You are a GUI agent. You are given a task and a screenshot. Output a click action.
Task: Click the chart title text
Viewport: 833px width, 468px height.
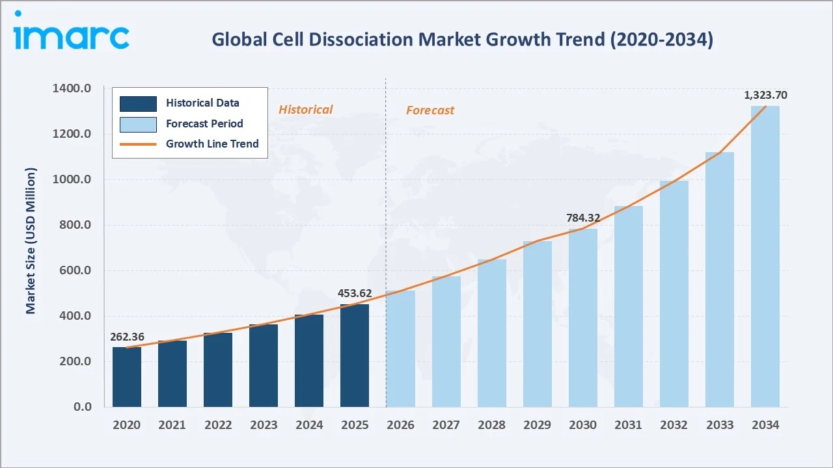coord(462,40)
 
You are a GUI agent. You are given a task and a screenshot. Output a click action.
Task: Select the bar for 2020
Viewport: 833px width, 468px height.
coord(127,377)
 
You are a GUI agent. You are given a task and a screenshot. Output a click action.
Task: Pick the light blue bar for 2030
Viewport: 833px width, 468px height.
coord(582,318)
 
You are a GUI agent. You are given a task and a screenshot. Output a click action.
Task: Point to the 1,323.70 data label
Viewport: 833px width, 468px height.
coord(765,96)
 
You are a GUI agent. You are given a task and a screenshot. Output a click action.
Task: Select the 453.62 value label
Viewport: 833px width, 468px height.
coord(355,293)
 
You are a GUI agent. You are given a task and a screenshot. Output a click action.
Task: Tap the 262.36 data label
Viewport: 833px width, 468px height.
coord(127,337)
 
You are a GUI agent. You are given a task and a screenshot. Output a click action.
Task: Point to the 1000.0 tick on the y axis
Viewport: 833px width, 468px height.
coord(72,180)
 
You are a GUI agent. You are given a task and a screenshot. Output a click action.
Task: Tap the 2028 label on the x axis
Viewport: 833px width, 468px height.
coord(491,425)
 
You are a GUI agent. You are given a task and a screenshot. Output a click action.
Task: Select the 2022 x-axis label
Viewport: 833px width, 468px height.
coord(218,425)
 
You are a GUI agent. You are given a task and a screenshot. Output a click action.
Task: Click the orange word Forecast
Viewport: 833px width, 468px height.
coord(430,110)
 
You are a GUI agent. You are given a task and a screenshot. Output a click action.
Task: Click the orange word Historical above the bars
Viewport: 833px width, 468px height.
coord(305,110)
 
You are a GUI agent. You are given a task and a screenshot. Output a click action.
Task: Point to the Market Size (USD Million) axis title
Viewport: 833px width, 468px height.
coord(31,240)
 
